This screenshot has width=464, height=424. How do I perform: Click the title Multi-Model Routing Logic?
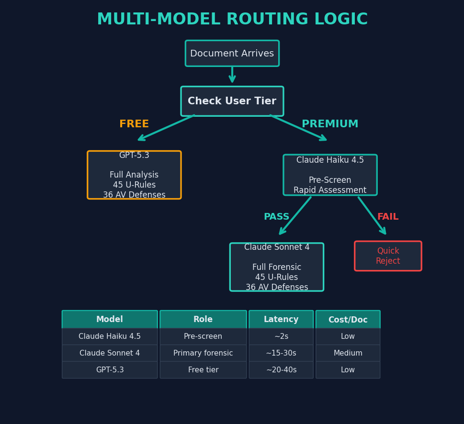[x=232, y=20]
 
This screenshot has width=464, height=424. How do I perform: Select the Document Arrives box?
[x=232, y=54]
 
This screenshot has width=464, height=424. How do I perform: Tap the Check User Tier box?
[x=232, y=101]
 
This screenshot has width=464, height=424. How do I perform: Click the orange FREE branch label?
[x=134, y=124]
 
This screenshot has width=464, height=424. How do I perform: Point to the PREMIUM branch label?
[x=330, y=124]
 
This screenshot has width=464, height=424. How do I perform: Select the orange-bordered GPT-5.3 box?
[x=134, y=175]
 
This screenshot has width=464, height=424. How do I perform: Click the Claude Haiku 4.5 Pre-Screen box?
[x=330, y=175]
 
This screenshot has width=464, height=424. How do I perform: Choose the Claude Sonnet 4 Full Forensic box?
[x=277, y=267]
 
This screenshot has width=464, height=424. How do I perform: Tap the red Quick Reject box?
[x=388, y=256]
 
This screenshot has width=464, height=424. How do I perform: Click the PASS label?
[x=276, y=217]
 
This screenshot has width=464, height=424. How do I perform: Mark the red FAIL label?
[x=388, y=217]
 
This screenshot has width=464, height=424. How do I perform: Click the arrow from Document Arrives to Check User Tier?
[x=232, y=75]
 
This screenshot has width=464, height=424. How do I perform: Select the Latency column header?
[x=281, y=320]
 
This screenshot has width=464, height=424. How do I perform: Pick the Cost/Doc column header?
[x=348, y=320]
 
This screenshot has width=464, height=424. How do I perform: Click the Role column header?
[x=203, y=320]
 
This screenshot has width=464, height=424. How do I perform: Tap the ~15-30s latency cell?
[x=281, y=353]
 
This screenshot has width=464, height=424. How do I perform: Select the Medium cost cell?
[x=348, y=353]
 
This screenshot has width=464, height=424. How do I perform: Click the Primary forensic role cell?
[x=203, y=353]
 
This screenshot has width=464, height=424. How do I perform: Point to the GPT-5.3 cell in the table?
[x=110, y=370]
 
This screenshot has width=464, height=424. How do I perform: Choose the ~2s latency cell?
[x=281, y=336]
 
